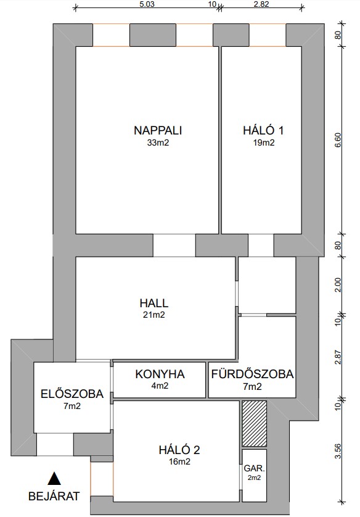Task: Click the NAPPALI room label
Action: pyautogui.click(x=158, y=130)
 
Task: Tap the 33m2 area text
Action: pyautogui.click(x=158, y=143)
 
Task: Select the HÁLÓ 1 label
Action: pyautogui.click(x=263, y=130)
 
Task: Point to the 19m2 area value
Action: pyautogui.click(x=263, y=143)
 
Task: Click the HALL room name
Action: pyautogui.click(x=154, y=303)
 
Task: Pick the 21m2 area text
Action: pyautogui.click(x=154, y=315)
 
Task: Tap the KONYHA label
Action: pyautogui.click(x=160, y=374)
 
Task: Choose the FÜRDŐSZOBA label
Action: pyautogui.click(x=252, y=374)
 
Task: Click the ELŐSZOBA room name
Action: pyautogui.click(x=72, y=394)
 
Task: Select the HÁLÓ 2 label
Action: pyautogui.click(x=179, y=450)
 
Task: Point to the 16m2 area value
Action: pyautogui.click(x=179, y=462)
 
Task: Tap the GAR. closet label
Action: pyautogui.click(x=254, y=468)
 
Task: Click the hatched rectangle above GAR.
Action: pyautogui.click(x=254, y=424)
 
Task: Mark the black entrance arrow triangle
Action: pyautogui.click(x=54, y=478)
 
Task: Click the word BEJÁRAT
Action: pyautogui.click(x=54, y=496)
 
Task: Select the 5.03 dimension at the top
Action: pyautogui.click(x=147, y=4)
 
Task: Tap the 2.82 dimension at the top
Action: pyautogui.click(x=262, y=4)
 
